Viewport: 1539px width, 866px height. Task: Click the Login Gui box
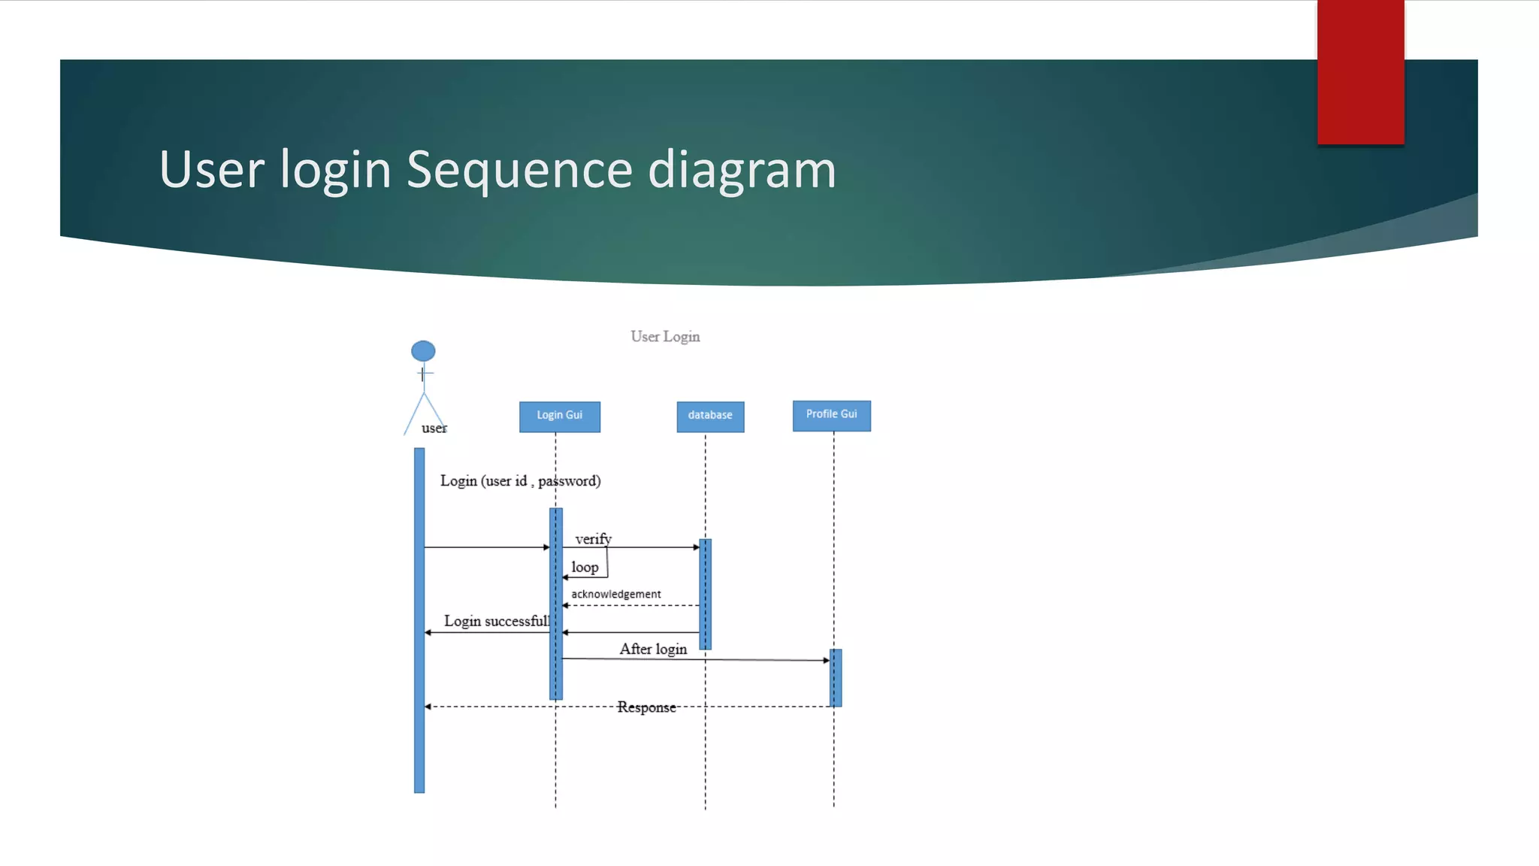click(559, 416)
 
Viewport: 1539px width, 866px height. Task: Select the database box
click(710, 416)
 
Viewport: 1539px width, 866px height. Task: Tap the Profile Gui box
click(831, 415)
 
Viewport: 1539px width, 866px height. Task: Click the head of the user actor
click(423, 351)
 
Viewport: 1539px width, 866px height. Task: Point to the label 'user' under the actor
click(434, 428)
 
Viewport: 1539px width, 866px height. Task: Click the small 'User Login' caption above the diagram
click(665, 337)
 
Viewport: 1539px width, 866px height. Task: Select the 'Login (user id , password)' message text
click(520, 481)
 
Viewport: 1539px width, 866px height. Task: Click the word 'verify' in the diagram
click(593, 539)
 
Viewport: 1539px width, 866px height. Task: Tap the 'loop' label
click(585, 568)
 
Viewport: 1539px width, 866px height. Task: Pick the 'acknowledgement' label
click(615, 594)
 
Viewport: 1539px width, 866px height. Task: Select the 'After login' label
click(653, 649)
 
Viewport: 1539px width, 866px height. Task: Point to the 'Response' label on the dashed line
click(646, 707)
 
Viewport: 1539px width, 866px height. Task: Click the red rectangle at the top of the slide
click(1360, 72)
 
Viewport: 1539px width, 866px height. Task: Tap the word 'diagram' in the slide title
click(742, 169)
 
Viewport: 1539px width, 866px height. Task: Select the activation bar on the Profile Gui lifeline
click(836, 677)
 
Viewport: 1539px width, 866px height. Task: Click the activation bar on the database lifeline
click(705, 594)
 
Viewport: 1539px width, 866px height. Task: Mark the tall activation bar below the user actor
click(419, 620)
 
